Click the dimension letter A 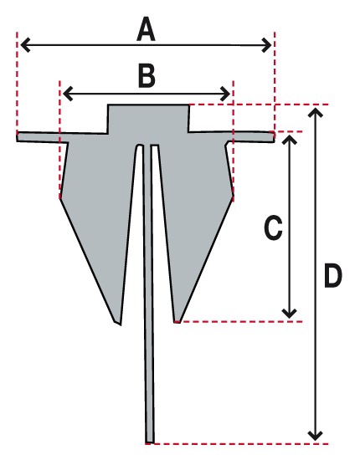pyautogui.click(x=146, y=29)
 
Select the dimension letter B pyautogui.click(x=147, y=76)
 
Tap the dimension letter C pyautogui.click(x=274, y=228)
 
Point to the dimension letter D pyautogui.click(x=333, y=275)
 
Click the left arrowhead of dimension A pyautogui.click(x=25, y=45)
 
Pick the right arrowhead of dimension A pyautogui.click(x=266, y=45)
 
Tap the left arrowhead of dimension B pyautogui.click(x=68, y=94)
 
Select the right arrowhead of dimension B pyautogui.click(x=225, y=94)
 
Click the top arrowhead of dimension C pyautogui.click(x=289, y=141)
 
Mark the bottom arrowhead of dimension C pyautogui.click(x=289, y=314)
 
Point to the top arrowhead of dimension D pyautogui.click(x=316, y=113)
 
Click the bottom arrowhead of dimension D pyautogui.click(x=316, y=436)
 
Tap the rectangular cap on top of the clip pyautogui.click(x=148, y=119)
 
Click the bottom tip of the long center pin pyautogui.click(x=150, y=442)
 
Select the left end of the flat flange pyautogui.click(x=17, y=136)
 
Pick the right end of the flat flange pyautogui.click(x=275, y=137)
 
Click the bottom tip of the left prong pyautogui.click(x=121, y=325)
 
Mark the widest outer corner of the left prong pyautogui.click(x=60, y=198)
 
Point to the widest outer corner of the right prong pyautogui.click(x=234, y=196)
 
